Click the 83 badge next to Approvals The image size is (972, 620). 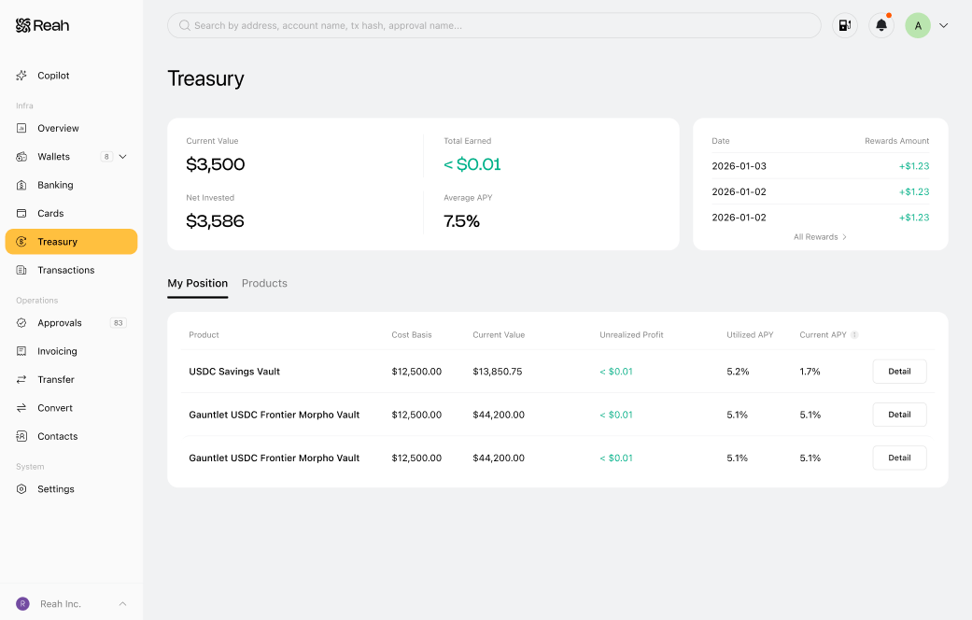118,323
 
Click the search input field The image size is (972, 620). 494,25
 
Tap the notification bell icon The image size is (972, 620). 880,25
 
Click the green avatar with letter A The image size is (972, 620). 918,25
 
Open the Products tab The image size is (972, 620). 264,283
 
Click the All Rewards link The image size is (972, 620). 820,237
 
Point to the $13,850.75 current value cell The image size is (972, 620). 497,372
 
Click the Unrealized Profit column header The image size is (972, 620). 631,335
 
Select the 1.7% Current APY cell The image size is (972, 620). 810,372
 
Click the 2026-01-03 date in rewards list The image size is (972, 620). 739,166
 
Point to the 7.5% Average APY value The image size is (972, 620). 461,221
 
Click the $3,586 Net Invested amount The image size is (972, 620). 215,221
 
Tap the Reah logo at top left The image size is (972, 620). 42,25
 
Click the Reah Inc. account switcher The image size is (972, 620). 71,604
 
